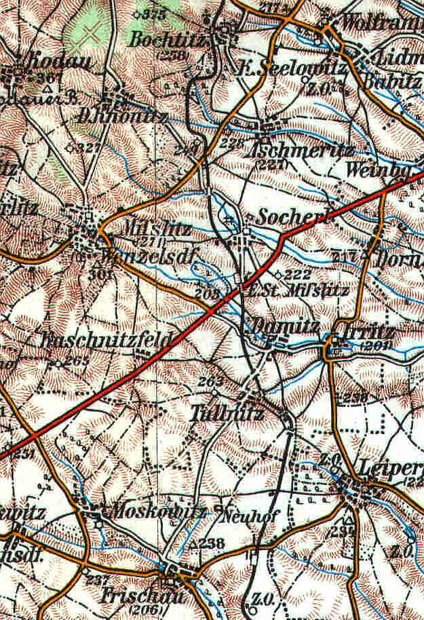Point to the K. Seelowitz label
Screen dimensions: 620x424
pos(291,69)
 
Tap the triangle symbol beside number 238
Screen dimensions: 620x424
pos(193,544)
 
